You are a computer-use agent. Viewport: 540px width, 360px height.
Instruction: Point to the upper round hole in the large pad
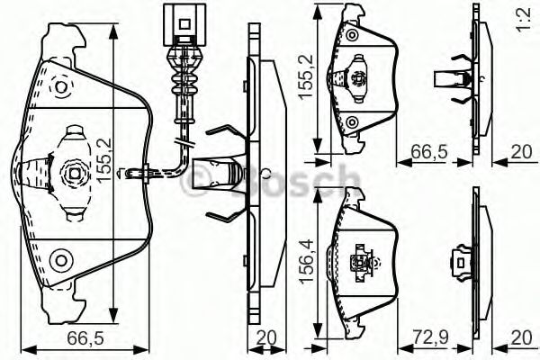coord(60,89)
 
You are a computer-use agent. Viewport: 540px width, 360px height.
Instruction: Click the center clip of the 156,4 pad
coord(363,261)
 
